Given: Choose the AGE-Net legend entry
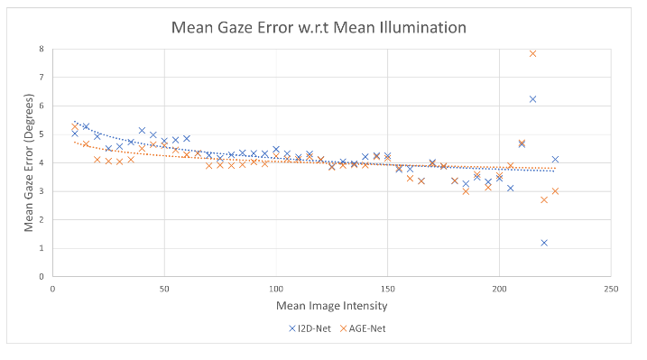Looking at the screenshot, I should click(363, 328).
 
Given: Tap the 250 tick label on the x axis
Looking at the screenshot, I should click(610, 289).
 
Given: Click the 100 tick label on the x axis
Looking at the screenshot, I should click(275, 289).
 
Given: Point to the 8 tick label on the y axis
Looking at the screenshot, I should click(42, 50).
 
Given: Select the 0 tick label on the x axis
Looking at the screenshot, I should click(52, 289).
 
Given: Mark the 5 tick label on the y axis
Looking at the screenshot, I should click(42, 134).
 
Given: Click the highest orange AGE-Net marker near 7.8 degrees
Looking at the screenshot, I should click(532, 54).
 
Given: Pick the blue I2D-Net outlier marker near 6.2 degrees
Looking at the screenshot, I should click(532, 99).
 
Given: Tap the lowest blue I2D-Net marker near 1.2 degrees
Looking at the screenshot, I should click(544, 242).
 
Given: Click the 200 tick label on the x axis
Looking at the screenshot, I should click(499, 289).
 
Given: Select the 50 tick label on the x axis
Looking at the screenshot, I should click(164, 289).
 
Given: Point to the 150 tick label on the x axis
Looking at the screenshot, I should click(387, 289).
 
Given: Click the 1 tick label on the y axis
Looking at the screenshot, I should click(42, 248).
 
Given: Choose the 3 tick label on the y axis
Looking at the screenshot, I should click(42, 191).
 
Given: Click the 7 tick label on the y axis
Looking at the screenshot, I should click(42, 78).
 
